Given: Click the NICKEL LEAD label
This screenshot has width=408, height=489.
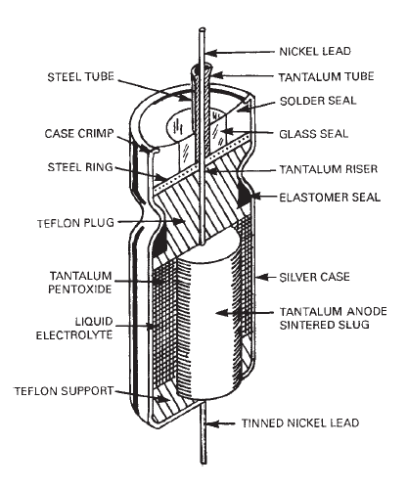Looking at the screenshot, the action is (315, 51).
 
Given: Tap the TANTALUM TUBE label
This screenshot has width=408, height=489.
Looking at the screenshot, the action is (326, 76).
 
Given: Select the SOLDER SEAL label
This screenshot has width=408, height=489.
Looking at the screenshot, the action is (318, 101).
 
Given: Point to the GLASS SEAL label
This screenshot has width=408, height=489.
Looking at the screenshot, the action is (314, 134).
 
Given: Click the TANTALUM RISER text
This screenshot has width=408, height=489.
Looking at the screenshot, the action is (329, 169).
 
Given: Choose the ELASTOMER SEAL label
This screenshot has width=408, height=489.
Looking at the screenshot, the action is (330, 198).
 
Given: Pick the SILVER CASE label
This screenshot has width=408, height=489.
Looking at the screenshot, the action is (315, 277).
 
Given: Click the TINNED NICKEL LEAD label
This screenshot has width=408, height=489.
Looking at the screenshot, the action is (300, 423).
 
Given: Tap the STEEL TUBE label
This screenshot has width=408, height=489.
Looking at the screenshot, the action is (81, 77).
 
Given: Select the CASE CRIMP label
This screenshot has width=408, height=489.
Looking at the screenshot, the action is (79, 134).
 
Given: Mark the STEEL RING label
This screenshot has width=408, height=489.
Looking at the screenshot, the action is (80, 167).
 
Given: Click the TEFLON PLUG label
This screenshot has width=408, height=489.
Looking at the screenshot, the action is (75, 223).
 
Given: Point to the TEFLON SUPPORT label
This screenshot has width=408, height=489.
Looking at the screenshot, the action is (64, 391).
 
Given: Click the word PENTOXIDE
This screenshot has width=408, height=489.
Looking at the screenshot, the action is (80, 289).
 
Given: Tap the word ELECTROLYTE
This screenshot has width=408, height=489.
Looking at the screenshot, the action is (74, 335).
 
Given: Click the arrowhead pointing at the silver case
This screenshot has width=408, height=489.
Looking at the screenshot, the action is (261, 278).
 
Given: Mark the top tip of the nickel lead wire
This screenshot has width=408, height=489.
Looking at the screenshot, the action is (203, 29).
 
